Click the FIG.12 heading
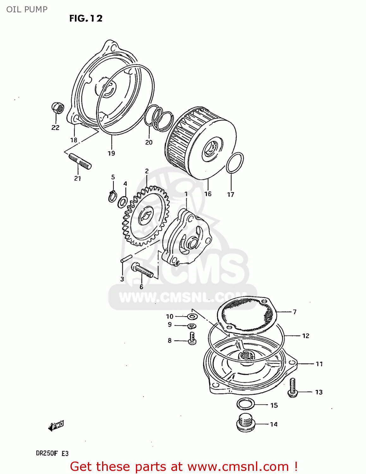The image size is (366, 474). point(86,19)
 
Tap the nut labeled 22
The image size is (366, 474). point(58,108)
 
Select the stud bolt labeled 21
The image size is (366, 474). point(80,161)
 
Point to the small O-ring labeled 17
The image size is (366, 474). point(235,162)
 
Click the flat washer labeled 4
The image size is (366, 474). point(123,202)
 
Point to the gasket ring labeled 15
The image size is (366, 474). point(246,404)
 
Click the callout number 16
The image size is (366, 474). point(208,194)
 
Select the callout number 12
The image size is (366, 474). point(306,336)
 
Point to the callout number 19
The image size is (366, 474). point(111,153)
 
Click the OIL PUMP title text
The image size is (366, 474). point(27,9)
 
